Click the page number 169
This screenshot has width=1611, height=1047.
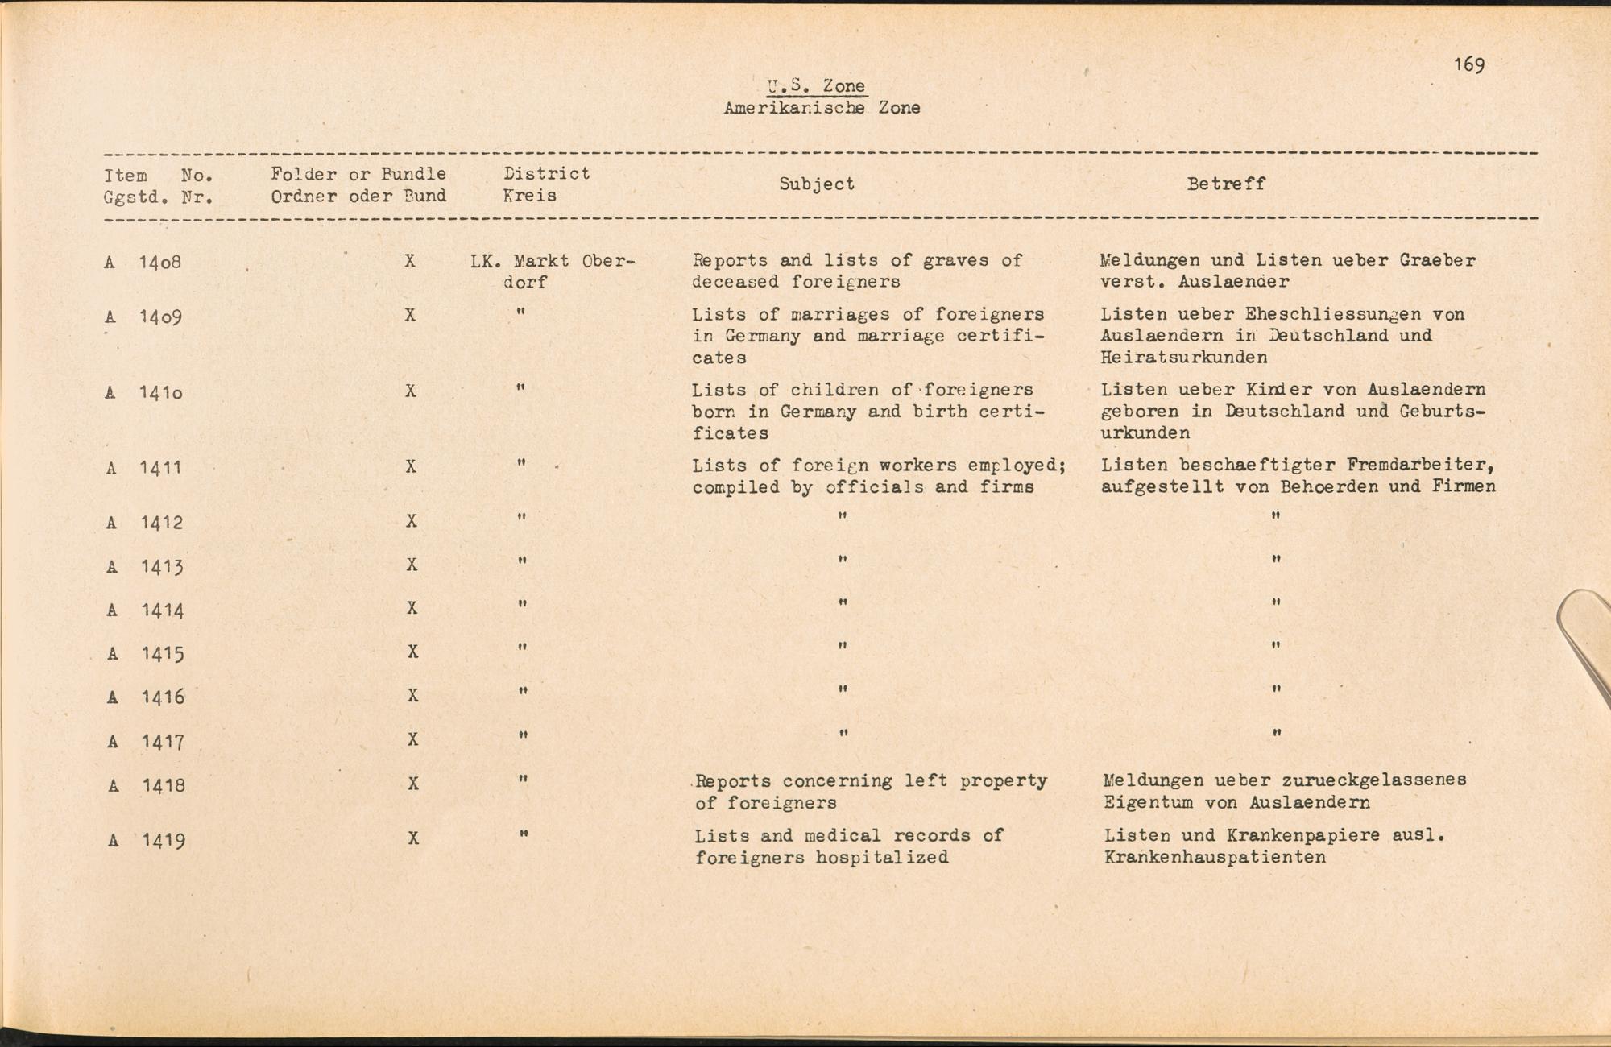1469,65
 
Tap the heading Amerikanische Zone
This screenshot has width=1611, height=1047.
822,108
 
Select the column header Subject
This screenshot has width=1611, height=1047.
816,184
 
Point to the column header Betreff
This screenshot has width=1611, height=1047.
1226,184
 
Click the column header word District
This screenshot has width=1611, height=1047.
546,174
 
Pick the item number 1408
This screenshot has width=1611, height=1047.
160,263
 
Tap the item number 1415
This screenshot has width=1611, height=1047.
162,653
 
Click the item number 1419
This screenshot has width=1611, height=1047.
164,841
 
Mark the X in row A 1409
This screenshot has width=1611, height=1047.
410,316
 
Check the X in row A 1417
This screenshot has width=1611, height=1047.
412,739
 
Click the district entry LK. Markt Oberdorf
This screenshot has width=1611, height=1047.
553,271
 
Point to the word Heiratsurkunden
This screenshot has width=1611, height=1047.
1183,358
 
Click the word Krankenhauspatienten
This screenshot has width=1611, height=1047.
1215,858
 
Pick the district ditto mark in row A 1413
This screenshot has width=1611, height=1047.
522,560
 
